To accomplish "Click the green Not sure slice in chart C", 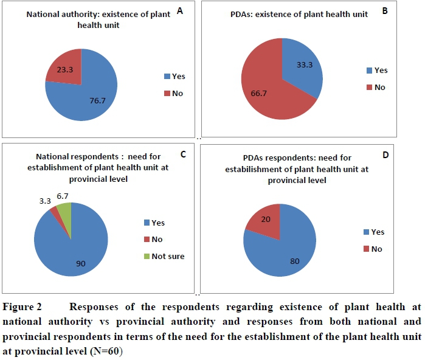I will pyautogui.click(x=66, y=212).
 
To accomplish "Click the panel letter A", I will pyautogui.click(x=179, y=10).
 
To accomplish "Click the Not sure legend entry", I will pyautogui.click(x=163, y=256).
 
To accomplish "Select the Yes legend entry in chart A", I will pyautogui.click(x=173, y=77).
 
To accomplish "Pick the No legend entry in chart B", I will pyautogui.click(x=375, y=88).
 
